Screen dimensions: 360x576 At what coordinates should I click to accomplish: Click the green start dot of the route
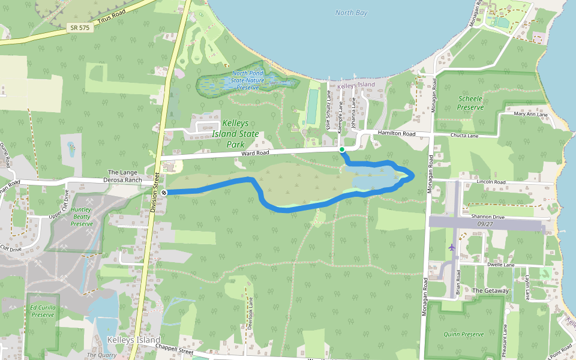pyautogui.click(x=341, y=149)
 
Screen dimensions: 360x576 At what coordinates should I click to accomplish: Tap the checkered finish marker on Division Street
pyautogui.click(x=164, y=192)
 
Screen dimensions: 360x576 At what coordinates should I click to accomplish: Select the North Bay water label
pyautogui.click(x=351, y=13)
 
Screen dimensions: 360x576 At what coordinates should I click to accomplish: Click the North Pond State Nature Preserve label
pyautogui.click(x=248, y=80)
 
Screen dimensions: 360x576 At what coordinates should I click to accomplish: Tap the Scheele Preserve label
pyautogui.click(x=470, y=103)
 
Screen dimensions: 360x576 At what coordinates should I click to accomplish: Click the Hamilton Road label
pyautogui.click(x=396, y=133)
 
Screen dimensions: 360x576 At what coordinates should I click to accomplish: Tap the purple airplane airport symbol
pyautogui.click(x=451, y=247)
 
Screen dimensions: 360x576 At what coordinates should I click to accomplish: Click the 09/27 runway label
pyautogui.click(x=485, y=224)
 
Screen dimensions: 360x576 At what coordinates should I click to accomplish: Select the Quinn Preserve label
pyautogui.click(x=463, y=334)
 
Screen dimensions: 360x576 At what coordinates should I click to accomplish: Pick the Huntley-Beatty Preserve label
pyautogui.click(x=82, y=217)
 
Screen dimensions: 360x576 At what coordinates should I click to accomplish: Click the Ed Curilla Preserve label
pyautogui.click(x=43, y=311)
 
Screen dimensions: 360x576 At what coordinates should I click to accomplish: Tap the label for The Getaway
pyautogui.click(x=490, y=291)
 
